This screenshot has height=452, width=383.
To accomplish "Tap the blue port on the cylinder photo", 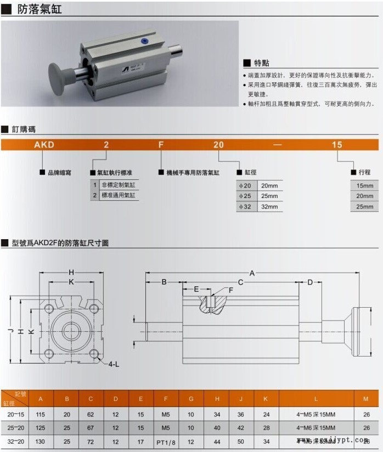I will point(144,40).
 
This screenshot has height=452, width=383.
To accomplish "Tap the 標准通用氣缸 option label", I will point(118,195).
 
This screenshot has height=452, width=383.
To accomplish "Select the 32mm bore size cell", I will point(269,207).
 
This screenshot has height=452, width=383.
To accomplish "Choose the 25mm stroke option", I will point(364,207).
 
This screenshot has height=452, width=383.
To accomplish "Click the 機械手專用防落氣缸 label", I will point(193,172).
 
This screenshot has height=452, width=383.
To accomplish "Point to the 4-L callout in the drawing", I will point(114,364).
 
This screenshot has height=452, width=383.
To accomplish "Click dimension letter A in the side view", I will point(252,273).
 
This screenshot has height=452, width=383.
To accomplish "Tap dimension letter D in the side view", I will point(310,282).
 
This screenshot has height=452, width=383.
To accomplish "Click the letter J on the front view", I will point(10,331).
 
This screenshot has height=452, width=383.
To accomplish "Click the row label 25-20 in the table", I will point(15,427).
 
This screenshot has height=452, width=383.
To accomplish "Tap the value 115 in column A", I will point(41,414).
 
